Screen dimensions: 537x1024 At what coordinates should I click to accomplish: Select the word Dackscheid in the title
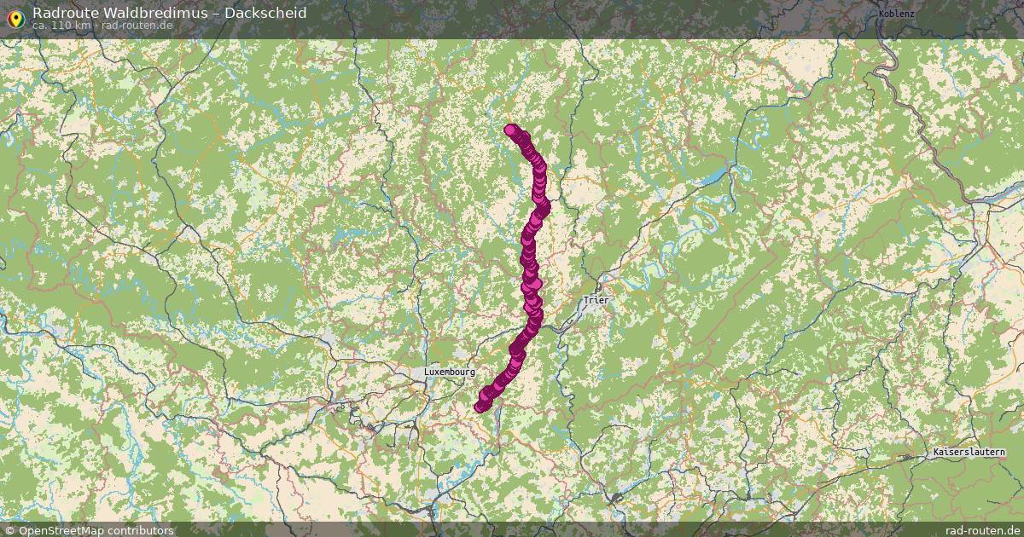click(x=265, y=13)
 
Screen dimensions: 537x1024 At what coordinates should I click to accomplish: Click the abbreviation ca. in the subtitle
click(x=40, y=26)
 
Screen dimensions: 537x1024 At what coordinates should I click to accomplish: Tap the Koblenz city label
click(x=896, y=14)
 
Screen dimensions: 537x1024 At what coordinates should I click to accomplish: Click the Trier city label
click(x=596, y=300)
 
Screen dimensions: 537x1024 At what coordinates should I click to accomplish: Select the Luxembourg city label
click(x=449, y=372)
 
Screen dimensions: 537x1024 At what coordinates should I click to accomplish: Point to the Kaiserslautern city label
click(x=969, y=453)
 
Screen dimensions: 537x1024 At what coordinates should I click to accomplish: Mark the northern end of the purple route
click(x=510, y=130)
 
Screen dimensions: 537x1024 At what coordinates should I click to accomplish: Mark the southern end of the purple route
click(x=480, y=407)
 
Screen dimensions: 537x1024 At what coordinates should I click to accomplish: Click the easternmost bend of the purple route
click(x=544, y=206)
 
